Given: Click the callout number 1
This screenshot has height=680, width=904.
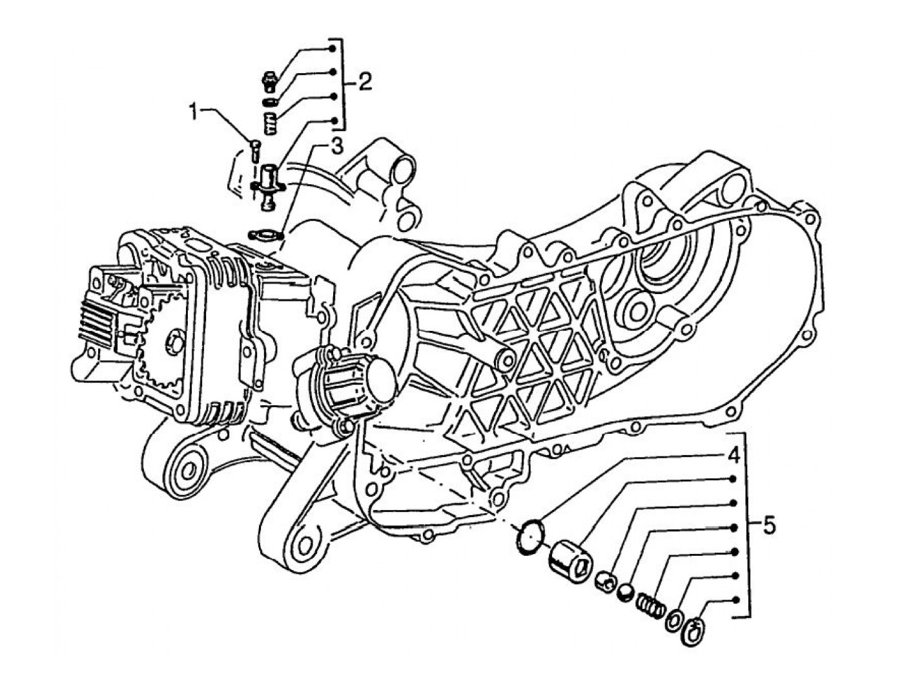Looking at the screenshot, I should (x=192, y=112).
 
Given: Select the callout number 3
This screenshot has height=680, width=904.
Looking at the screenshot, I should (x=336, y=147).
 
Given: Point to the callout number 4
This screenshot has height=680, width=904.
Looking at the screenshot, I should (x=733, y=455).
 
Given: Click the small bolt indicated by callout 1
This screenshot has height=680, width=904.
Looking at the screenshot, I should (x=254, y=151).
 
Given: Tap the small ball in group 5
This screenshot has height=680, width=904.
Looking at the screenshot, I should (x=624, y=591).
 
